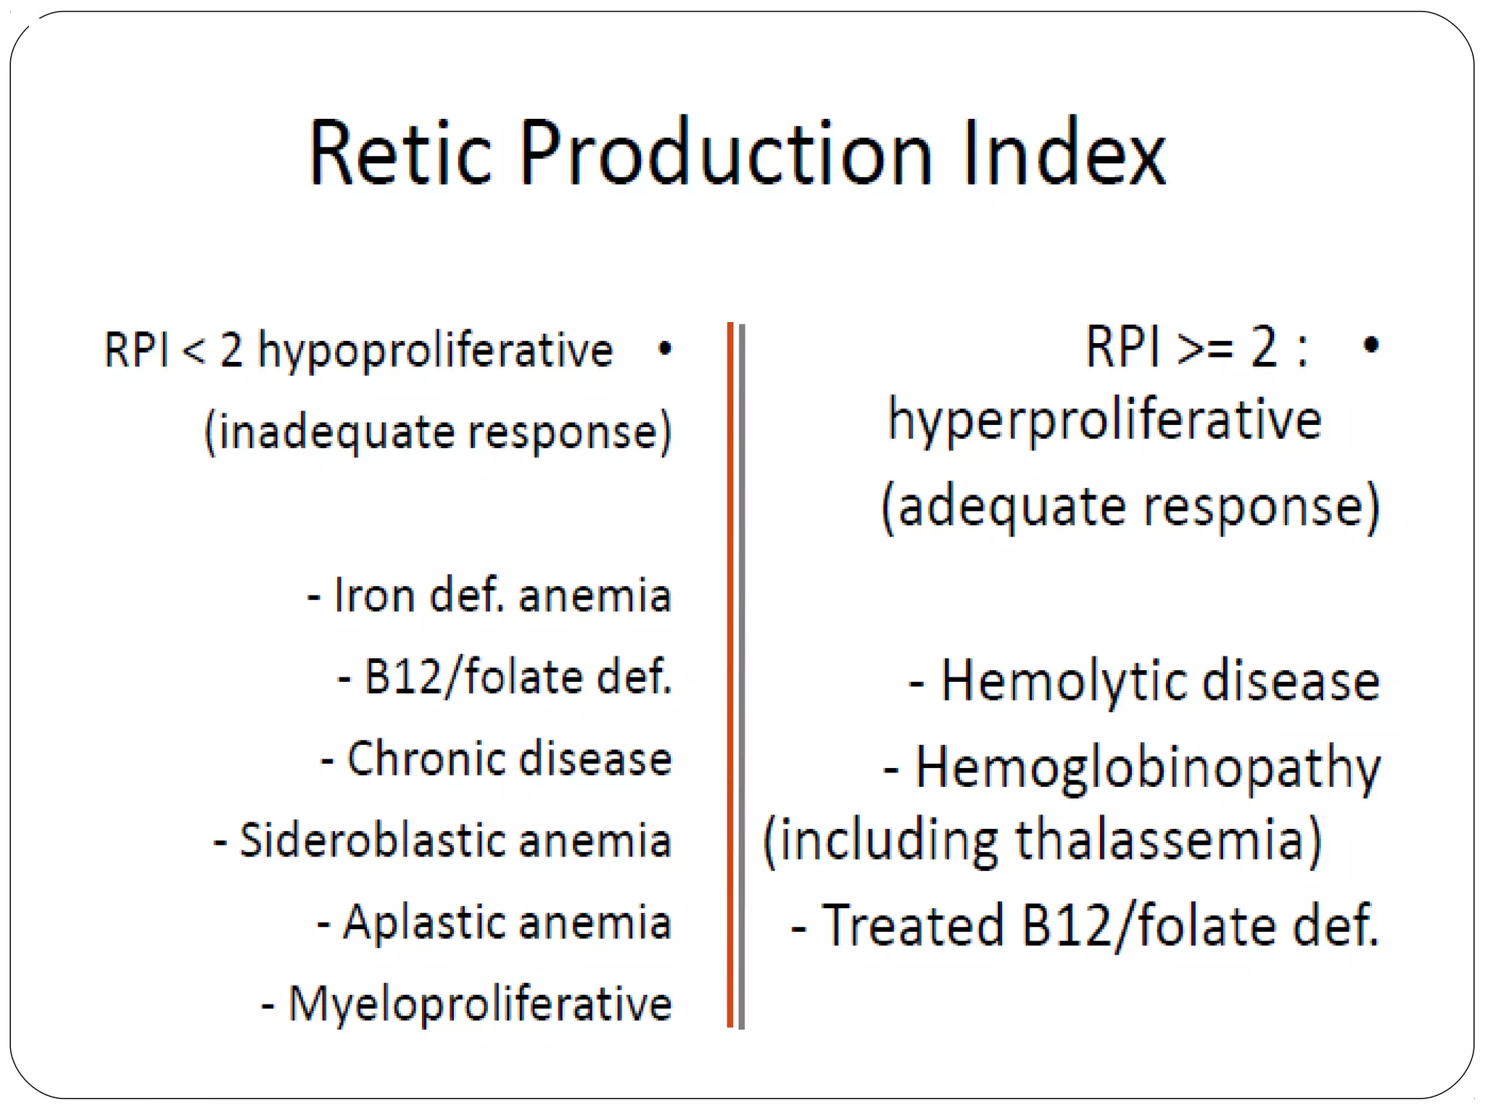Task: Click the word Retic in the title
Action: tap(401, 154)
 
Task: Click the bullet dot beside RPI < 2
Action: tap(664, 350)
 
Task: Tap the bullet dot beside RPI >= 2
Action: tap(1370, 344)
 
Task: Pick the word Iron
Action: tap(373, 596)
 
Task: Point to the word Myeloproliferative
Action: tap(480, 1005)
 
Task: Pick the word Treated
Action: tap(912, 926)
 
